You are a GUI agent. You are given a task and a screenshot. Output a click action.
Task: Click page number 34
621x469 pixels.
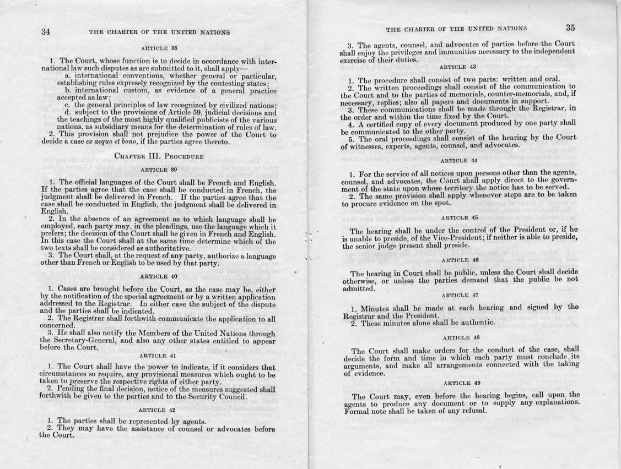(46, 31)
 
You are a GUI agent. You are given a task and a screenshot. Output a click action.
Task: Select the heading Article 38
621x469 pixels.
(155, 48)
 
